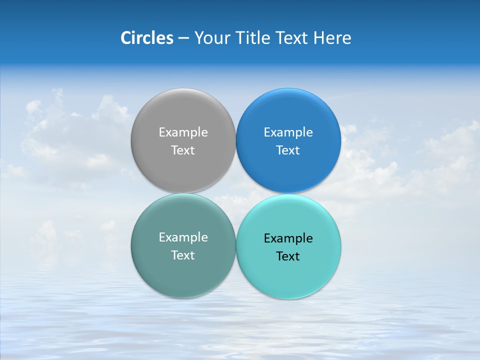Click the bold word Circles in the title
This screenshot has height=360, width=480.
[146, 38]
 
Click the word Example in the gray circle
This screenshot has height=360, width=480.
[183, 132]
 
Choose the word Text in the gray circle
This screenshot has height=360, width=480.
[183, 150]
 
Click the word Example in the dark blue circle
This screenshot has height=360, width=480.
[288, 132]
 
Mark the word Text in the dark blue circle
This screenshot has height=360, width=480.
[288, 150]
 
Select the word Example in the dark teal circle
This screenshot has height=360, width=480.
[183, 237]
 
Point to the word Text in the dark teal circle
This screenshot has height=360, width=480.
[183, 255]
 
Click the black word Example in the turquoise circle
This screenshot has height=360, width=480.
[288, 238]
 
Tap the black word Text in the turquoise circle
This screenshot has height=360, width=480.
[288, 256]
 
